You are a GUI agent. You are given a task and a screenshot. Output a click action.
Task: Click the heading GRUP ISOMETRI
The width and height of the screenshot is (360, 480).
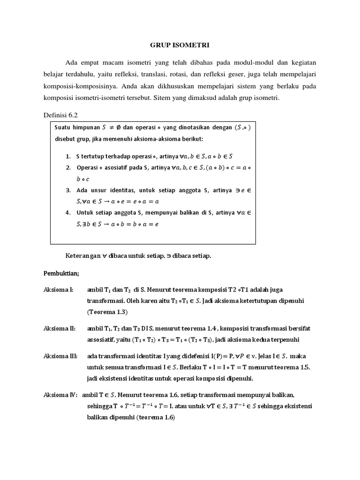(x=180, y=45)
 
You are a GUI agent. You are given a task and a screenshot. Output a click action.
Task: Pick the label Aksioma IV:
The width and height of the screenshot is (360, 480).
(x=60, y=395)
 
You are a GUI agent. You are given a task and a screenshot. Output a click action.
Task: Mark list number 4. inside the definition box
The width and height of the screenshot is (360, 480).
(x=68, y=212)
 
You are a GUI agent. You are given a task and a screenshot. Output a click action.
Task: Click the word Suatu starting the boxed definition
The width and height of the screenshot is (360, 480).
(x=64, y=127)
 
